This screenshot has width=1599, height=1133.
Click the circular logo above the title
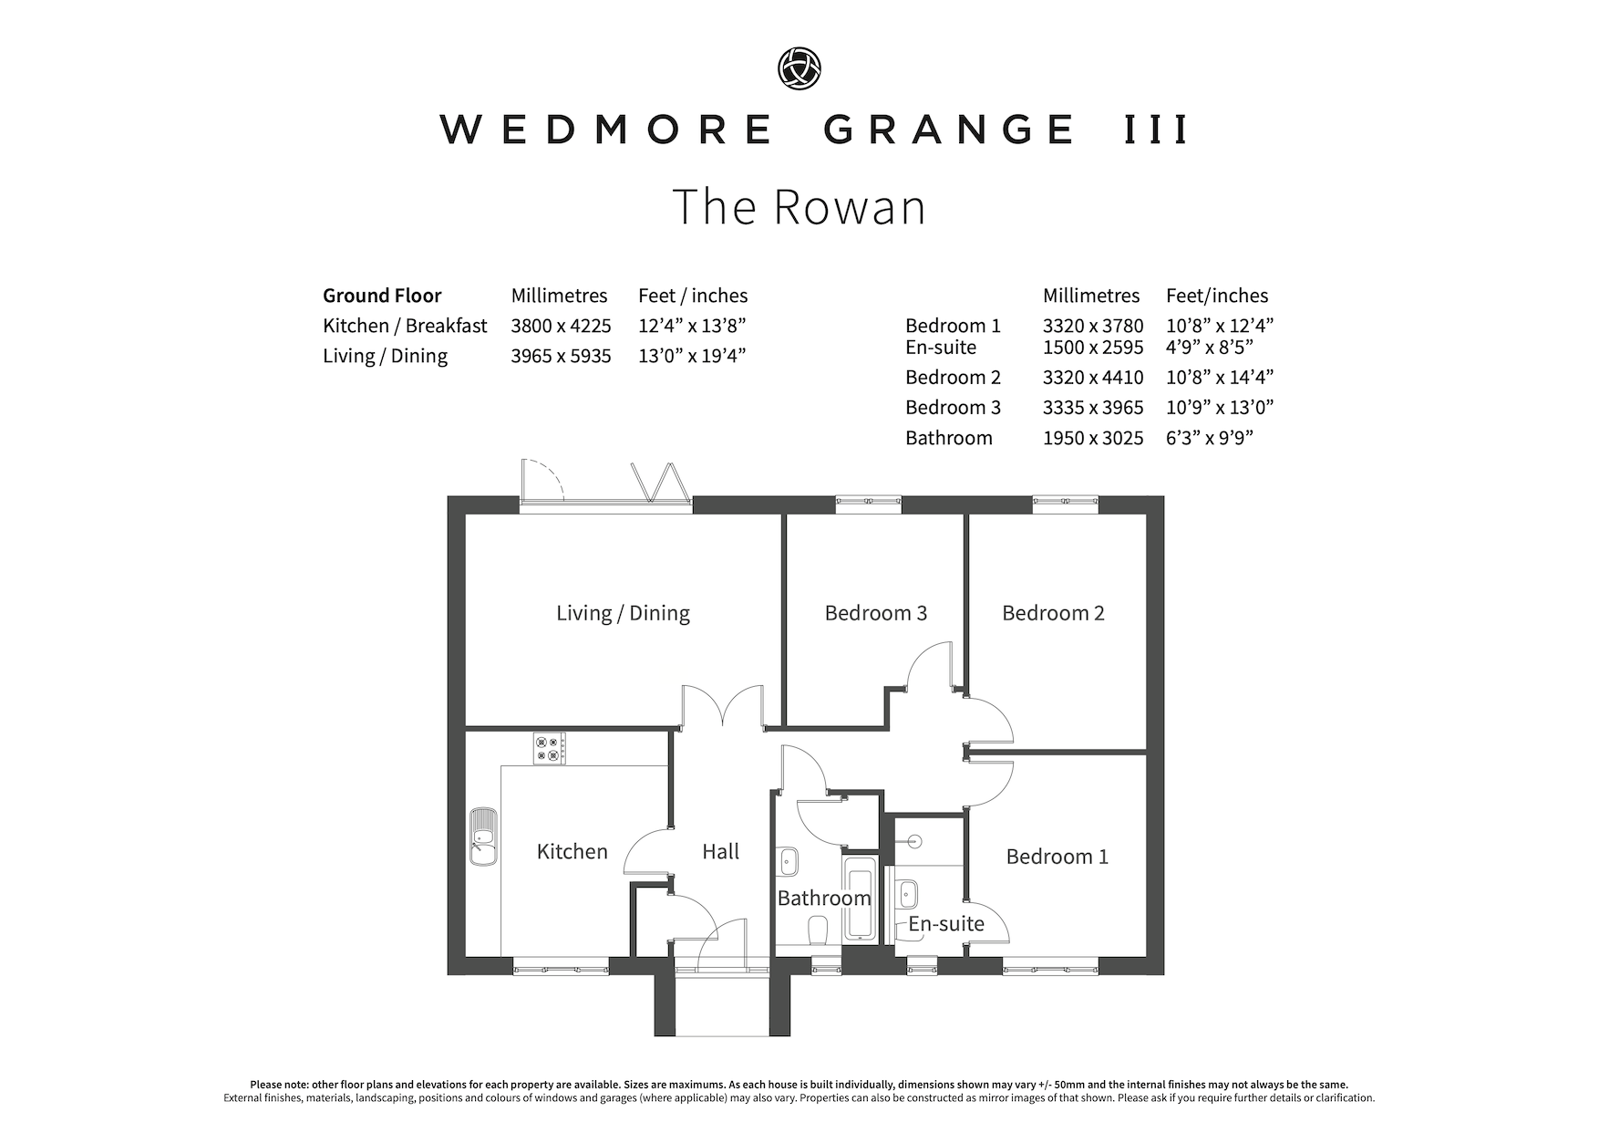pos(799,69)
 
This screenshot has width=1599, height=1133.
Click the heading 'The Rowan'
pos(799,206)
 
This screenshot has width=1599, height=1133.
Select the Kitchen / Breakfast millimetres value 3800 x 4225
pos(561,326)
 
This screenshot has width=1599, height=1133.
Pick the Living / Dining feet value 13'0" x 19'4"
pos(692,356)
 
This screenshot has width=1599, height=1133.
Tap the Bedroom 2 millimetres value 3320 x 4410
pos(1093,378)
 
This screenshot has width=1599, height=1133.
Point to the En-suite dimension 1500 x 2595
pos(1093,348)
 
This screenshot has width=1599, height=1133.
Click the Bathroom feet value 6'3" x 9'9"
pos(1210,438)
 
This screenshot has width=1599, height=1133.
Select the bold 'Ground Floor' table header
pos(382,296)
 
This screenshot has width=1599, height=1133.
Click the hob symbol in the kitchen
pos(549,749)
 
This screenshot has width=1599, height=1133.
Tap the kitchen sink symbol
pos(483,836)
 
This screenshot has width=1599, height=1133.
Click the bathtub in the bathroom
pos(860,899)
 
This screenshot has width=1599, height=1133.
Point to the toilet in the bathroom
pos(818,930)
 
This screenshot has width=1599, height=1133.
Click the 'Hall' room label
pos(720,852)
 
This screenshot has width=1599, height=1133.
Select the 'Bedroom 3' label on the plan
pos(875,613)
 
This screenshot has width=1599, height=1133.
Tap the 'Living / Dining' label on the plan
pos(623,613)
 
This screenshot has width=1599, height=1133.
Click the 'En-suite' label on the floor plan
pos(946,924)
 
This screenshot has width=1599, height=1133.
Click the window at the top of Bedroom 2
pos(1065,500)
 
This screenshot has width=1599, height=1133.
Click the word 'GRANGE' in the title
pos(949,130)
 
